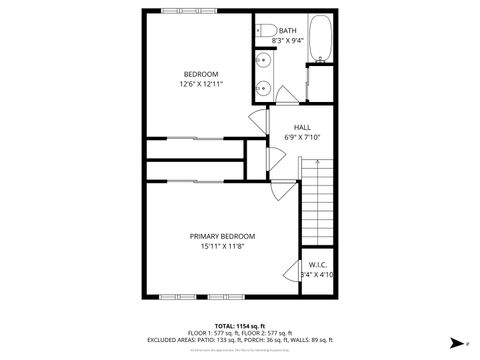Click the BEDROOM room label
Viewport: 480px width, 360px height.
tap(201, 73)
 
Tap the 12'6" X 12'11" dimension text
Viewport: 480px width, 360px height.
tap(201, 84)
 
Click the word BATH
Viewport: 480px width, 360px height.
tap(288, 31)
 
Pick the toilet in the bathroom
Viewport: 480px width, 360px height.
tap(264, 32)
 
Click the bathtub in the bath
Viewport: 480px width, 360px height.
tap(322, 40)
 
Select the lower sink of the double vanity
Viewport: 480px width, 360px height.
tap(264, 88)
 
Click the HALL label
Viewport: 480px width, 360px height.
tap(302, 127)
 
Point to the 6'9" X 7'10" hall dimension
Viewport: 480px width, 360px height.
tap(302, 137)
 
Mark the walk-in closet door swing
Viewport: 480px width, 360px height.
tap(292, 271)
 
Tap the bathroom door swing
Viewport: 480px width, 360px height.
tap(287, 96)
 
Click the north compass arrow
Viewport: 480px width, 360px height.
tap(455, 343)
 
